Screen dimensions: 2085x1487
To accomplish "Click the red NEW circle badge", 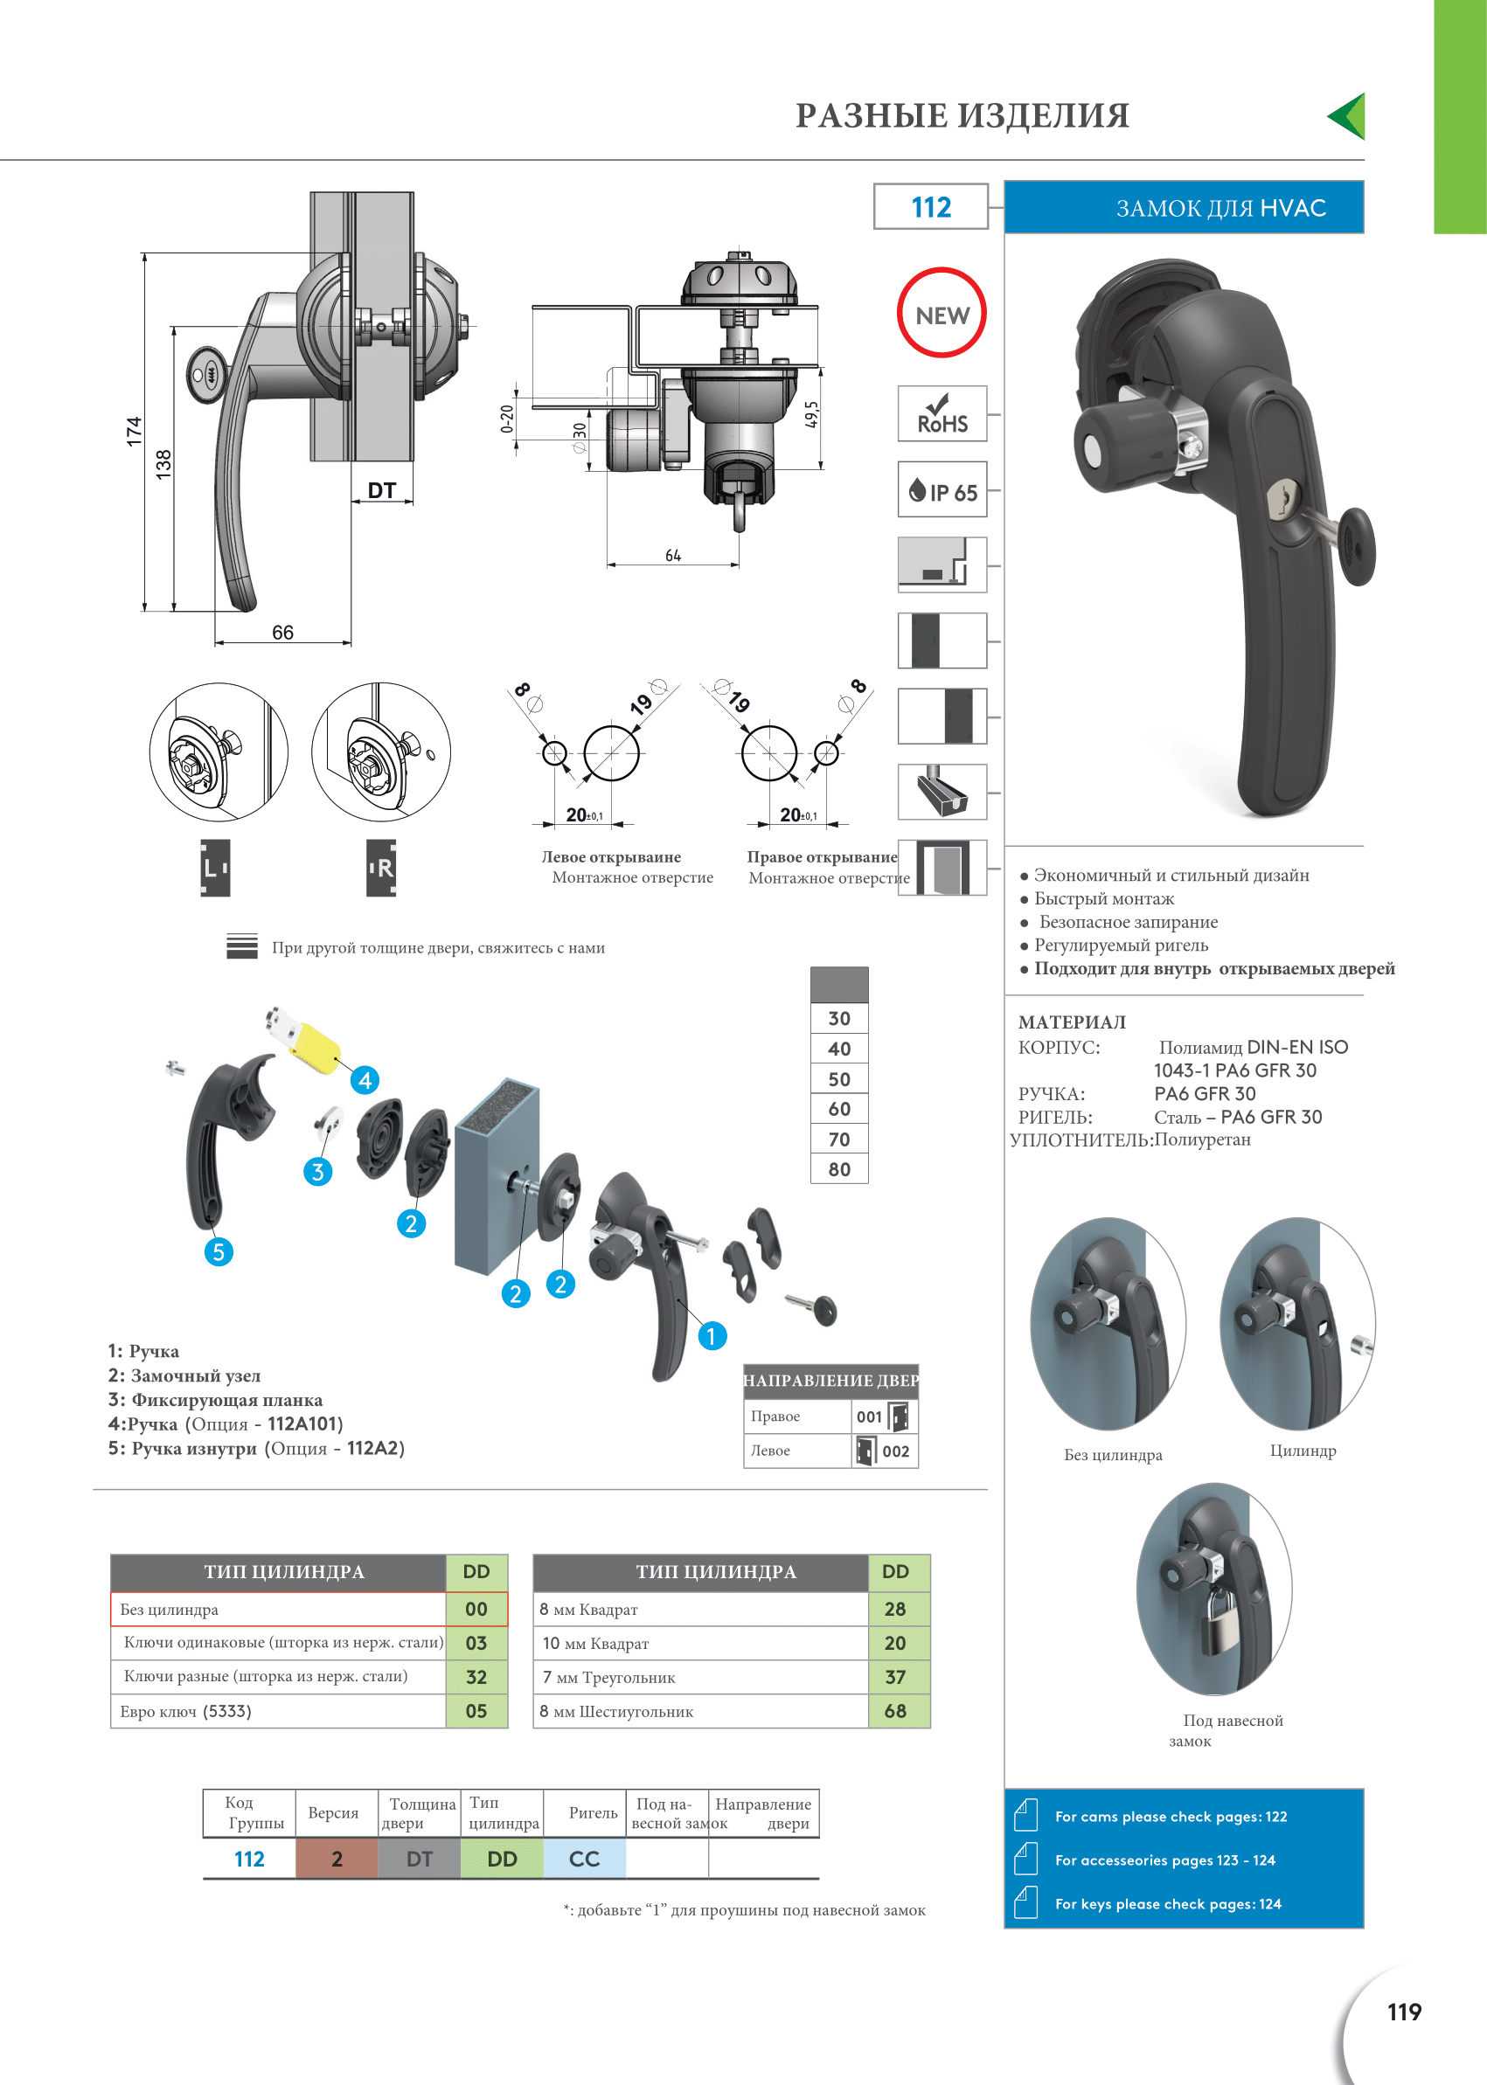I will click(x=942, y=313).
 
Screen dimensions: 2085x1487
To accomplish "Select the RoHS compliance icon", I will click(x=942, y=414).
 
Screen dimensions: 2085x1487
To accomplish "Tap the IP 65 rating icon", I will click(x=942, y=490).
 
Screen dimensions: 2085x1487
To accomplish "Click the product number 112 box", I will click(x=930, y=207).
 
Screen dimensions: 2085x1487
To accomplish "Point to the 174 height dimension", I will click(x=135, y=431).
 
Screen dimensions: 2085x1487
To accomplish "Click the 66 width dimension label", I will click(x=283, y=633).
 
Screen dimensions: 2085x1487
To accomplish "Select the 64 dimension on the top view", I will click(x=673, y=556).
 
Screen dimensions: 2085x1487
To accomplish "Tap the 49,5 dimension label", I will click(x=811, y=414).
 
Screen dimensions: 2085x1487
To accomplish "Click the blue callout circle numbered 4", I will click(x=365, y=1080).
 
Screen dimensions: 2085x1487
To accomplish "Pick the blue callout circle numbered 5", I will click(x=218, y=1251).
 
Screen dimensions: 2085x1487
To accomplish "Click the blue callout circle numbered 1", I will click(x=712, y=1335).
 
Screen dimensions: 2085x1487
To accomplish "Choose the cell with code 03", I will click(x=476, y=1643).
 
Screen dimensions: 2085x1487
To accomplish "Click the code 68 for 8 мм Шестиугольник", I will click(x=894, y=1711).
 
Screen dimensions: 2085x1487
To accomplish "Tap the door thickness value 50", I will click(x=838, y=1079).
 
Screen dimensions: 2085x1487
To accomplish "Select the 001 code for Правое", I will click(x=869, y=1417).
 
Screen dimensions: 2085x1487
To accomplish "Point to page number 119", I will click(x=1404, y=2012).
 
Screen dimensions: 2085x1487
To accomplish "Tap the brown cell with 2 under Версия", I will click(x=336, y=1859).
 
